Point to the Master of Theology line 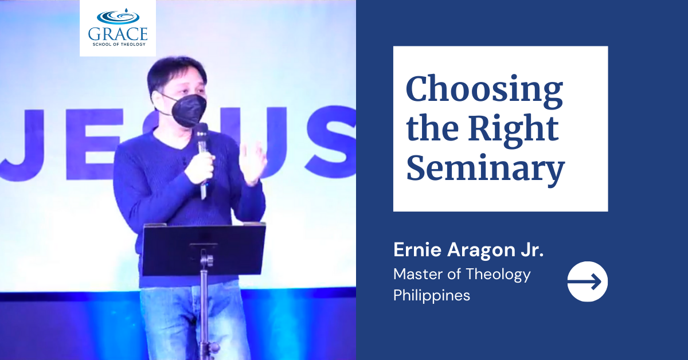[x=462, y=274]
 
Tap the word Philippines [x=432, y=295]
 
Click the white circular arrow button [x=587, y=281]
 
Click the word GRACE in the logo [x=118, y=33]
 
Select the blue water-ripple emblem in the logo [x=118, y=15]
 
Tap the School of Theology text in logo [x=118, y=44]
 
